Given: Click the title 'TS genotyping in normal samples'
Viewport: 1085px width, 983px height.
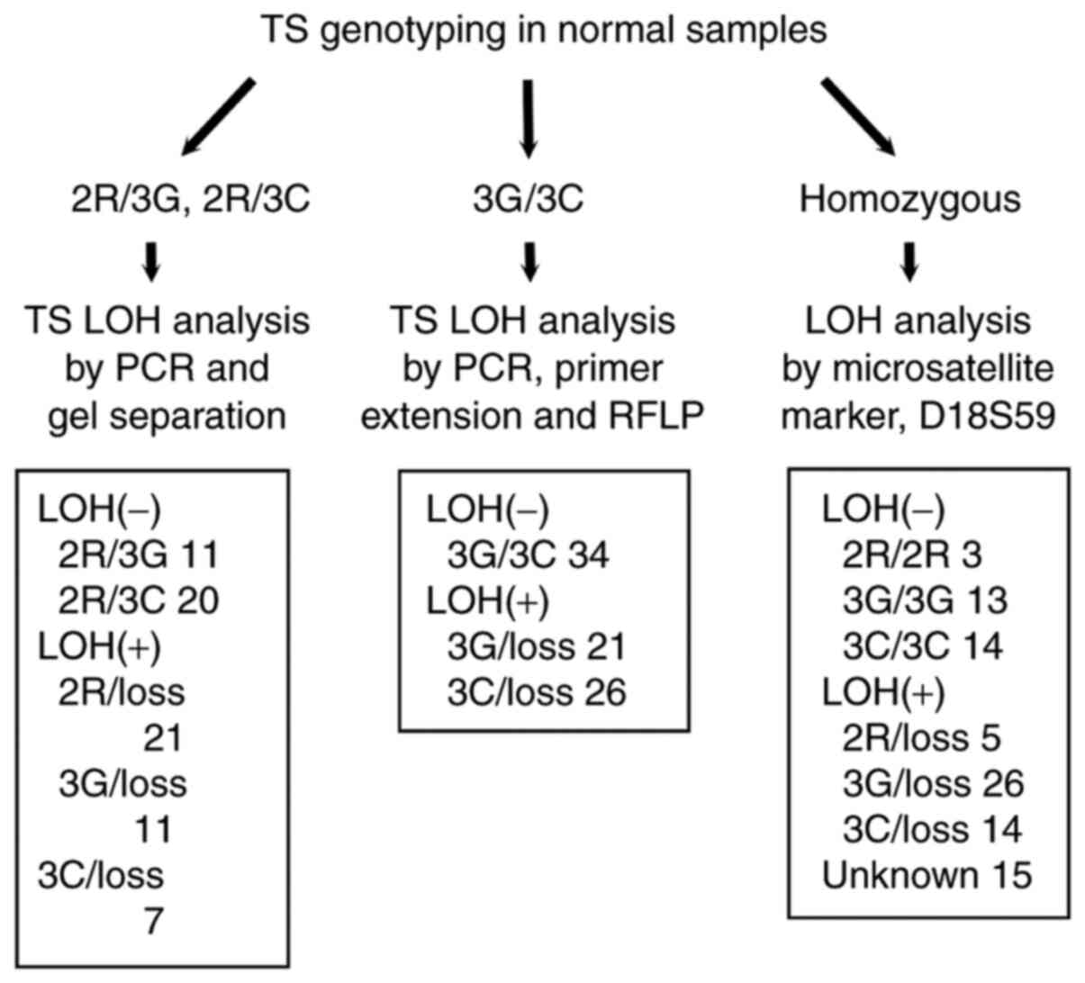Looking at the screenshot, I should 543,31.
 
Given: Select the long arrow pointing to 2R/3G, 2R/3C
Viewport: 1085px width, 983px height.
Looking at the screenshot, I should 219,116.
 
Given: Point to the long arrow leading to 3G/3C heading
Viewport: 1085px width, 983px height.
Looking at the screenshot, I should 529,117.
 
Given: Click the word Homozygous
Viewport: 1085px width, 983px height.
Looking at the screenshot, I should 909,199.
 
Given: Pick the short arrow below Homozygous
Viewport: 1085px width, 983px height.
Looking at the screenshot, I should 909,261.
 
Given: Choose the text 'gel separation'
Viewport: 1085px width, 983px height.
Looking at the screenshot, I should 167,417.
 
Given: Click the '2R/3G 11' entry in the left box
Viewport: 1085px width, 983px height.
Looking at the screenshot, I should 139,555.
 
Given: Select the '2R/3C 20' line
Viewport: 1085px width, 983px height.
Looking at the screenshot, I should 139,601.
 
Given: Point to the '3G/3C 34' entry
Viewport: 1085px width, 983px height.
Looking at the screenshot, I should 528,555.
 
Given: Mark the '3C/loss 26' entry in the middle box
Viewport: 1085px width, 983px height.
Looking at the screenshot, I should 537,693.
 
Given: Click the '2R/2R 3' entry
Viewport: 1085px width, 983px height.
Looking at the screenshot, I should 911,555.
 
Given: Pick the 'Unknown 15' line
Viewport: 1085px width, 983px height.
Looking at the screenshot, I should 927,875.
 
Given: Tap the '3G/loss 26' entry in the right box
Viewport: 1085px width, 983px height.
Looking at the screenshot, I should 933,784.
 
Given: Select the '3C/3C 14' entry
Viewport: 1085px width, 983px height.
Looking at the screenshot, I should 922,647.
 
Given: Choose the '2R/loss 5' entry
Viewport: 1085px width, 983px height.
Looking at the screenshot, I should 921,739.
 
